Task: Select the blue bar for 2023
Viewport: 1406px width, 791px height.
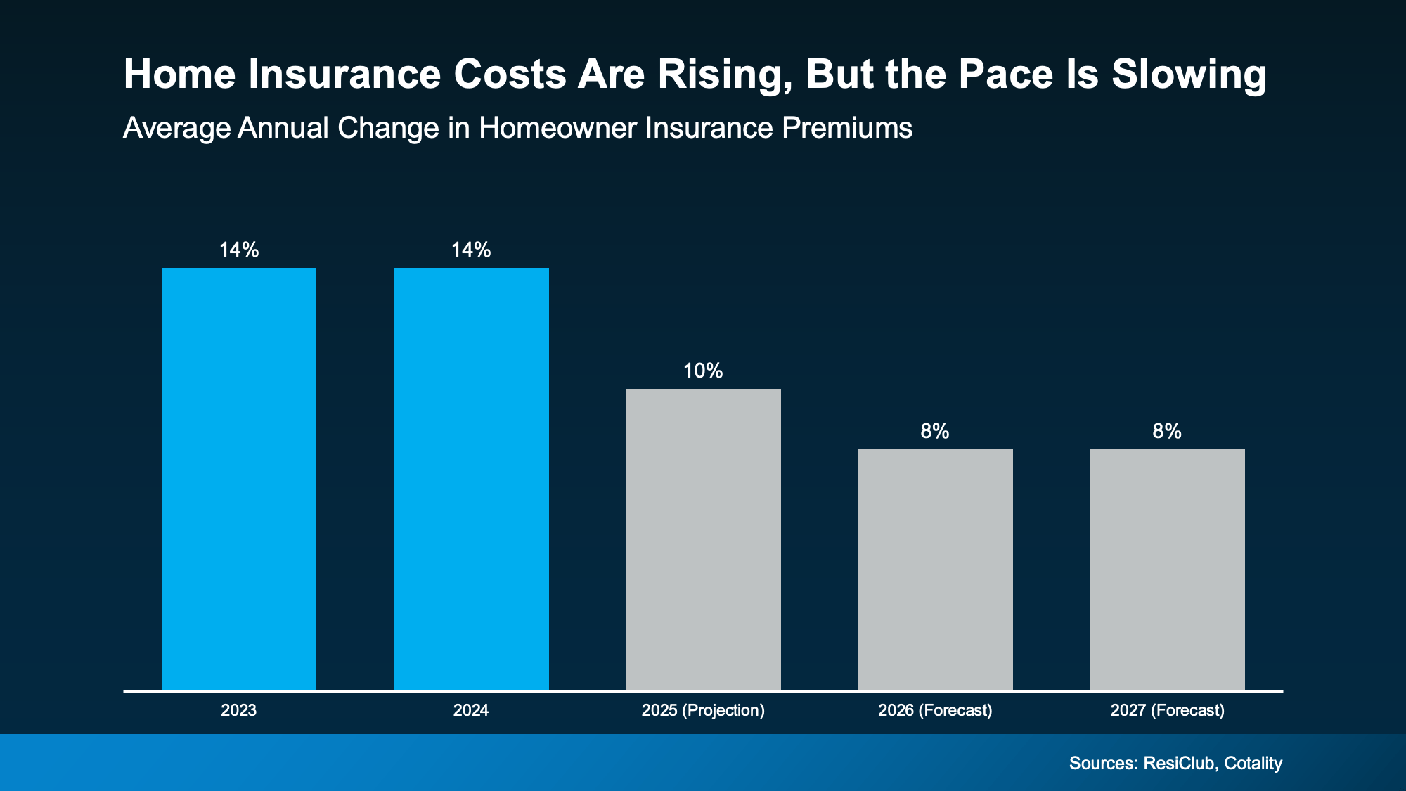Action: click(x=239, y=478)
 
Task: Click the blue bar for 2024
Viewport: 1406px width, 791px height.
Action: click(x=471, y=478)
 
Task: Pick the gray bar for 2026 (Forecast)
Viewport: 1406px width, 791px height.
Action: click(x=935, y=570)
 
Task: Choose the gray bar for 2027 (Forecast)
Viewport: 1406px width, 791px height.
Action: click(x=1167, y=570)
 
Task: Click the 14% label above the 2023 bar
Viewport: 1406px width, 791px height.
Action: click(x=239, y=250)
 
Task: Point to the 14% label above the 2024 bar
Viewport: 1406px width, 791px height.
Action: click(x=471, y=250)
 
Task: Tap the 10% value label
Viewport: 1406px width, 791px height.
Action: click(x=703, y=371)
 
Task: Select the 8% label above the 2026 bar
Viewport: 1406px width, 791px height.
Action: click(x=935, y=431)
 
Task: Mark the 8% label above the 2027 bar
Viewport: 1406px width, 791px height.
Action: click(x=1167, y=431)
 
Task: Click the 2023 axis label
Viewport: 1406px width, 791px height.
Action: click(x=239, y=710)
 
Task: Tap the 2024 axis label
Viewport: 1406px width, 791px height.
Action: click(x=471, y=710)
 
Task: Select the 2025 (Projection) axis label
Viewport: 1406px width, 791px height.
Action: click(x=703, y=710)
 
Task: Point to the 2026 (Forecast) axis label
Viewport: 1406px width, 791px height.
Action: click(x=935, y=710)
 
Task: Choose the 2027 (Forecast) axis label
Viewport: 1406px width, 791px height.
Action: click(x=1167, y=710)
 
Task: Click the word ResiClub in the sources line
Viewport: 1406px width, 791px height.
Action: click(x=1179, y=763)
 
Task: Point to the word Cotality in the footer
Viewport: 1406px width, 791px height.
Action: click(x=1253, y=763)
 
